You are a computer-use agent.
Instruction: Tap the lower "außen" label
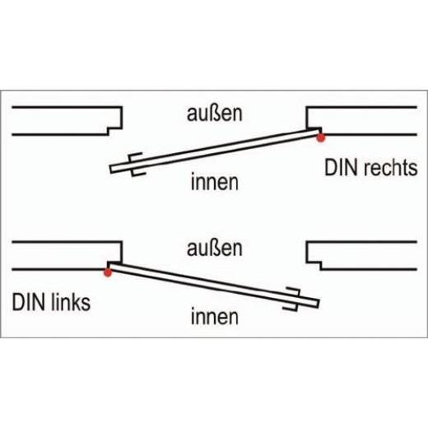(x=212, y=247)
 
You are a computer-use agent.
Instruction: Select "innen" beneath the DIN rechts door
(x=213, y=181)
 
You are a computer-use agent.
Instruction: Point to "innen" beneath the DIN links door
(x=213, y=314)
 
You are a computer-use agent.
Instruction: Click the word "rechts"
(x=388, y=169)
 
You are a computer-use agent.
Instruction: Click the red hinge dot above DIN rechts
(x=320, y=137)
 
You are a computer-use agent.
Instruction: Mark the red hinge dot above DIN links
(x=108, y=270)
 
